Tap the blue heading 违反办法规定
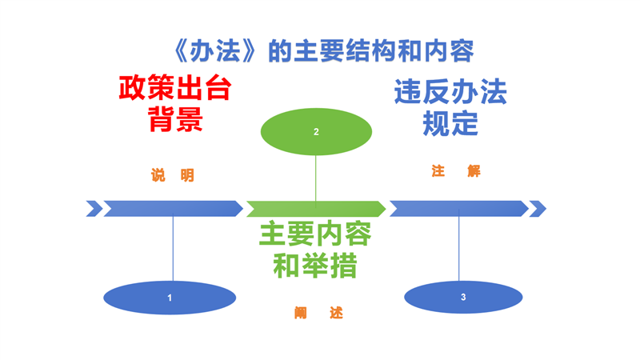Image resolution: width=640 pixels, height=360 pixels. coord(450,108)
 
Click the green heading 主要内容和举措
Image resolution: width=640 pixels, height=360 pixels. coord(314,249)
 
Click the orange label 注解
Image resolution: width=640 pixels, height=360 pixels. coord(455,171)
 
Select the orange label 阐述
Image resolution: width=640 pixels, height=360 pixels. coord(318,314)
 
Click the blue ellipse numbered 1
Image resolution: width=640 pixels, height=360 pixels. coord(170,298)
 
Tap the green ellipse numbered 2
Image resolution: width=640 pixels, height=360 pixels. coord(316,131)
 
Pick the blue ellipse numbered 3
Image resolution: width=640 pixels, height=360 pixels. coord(463,298)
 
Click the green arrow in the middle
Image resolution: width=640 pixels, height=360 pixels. coord(316,210)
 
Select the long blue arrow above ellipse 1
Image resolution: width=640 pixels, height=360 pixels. coord(173,209)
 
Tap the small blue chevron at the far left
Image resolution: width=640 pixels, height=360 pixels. coord(94,209)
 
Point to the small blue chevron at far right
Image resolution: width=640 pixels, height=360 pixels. coord(538,209)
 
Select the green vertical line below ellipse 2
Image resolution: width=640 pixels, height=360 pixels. coord(316,178)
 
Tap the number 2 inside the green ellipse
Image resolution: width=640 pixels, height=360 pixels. coord(316,132)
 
